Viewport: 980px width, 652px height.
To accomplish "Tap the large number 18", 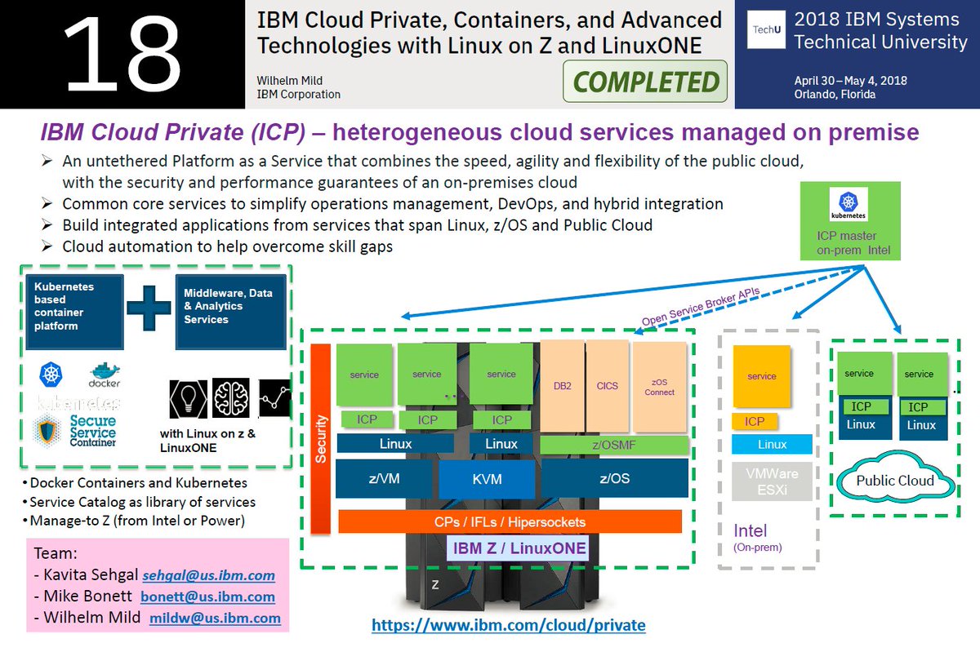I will click(x=122, y=54).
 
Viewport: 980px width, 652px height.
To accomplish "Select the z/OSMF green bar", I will click(x=614, y=444).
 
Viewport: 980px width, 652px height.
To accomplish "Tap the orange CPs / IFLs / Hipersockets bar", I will click(x=510, y=521).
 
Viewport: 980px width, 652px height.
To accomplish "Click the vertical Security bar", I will click(x=321, y=441).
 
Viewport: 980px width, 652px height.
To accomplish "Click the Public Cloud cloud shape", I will click(x=894, y=480).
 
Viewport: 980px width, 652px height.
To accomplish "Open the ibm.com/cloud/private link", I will click(x=508, y=626).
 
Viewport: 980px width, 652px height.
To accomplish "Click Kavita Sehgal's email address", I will click(x=208, y=574).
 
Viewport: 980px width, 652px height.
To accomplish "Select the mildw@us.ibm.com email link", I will click(x=215, y=619).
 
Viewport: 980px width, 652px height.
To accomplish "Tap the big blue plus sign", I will click(x=149, y=301).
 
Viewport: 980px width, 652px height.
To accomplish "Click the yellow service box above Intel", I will click(x=761, y=376).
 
